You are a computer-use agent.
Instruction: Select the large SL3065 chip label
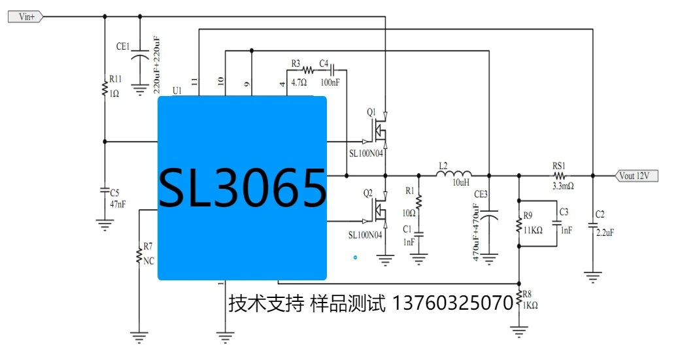pos(243,188)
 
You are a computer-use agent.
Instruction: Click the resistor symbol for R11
pos(105,88)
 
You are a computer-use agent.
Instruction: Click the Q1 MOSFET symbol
pos(378,131)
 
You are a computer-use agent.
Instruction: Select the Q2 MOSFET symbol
pos(378,210)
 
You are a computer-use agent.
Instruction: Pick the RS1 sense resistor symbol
pos(560,175)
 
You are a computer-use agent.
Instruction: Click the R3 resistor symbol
pos(307,69)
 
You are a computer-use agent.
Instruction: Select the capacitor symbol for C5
pos(105,191)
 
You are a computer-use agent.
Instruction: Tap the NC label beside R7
pos(148,261)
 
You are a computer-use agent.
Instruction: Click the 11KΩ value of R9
pos(533,230)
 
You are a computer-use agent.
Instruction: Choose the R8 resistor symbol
pos(519,301)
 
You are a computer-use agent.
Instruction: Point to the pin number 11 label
pos(194,81)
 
